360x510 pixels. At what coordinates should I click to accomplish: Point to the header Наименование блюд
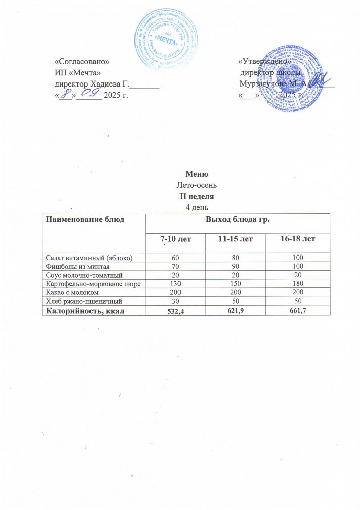click(x=84, y=219)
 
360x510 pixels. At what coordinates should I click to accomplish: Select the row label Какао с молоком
click(x=73, y=293)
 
